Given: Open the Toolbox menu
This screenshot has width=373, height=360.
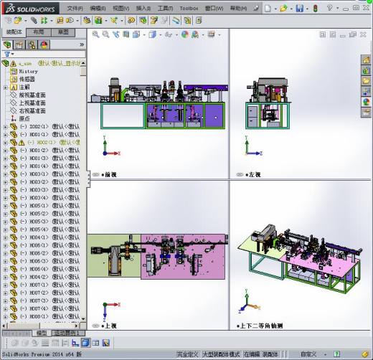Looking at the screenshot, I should click(189, 8).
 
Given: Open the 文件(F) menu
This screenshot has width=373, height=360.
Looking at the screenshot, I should click(75, 8).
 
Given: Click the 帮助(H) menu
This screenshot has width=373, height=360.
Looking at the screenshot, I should click(239, 8).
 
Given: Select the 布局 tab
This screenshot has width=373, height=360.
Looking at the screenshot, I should click(39, 32).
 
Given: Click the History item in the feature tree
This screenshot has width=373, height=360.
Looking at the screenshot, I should click(28, 72).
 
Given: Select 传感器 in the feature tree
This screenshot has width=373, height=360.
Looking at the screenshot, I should click(27, 80).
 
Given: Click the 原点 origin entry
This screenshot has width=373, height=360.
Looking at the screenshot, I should click(24, 119).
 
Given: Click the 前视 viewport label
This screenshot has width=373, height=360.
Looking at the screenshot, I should click(109, 175).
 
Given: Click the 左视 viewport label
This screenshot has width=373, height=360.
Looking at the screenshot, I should click(253, 175).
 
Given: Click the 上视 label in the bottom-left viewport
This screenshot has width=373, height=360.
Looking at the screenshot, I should click(109, 325).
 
